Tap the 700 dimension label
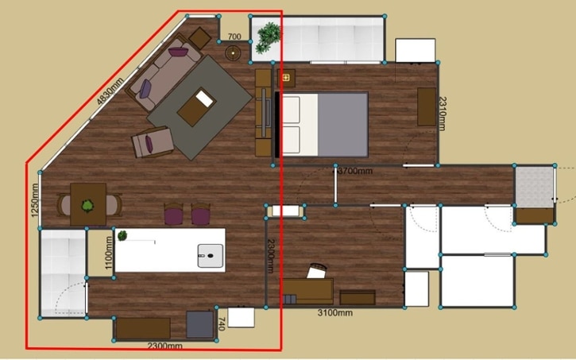click(234, 37)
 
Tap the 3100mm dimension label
click(334, 312)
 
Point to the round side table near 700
click(234, 53)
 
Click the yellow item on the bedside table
click(286, 78)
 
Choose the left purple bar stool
click(173, 214)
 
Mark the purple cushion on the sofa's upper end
click(179, 52)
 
